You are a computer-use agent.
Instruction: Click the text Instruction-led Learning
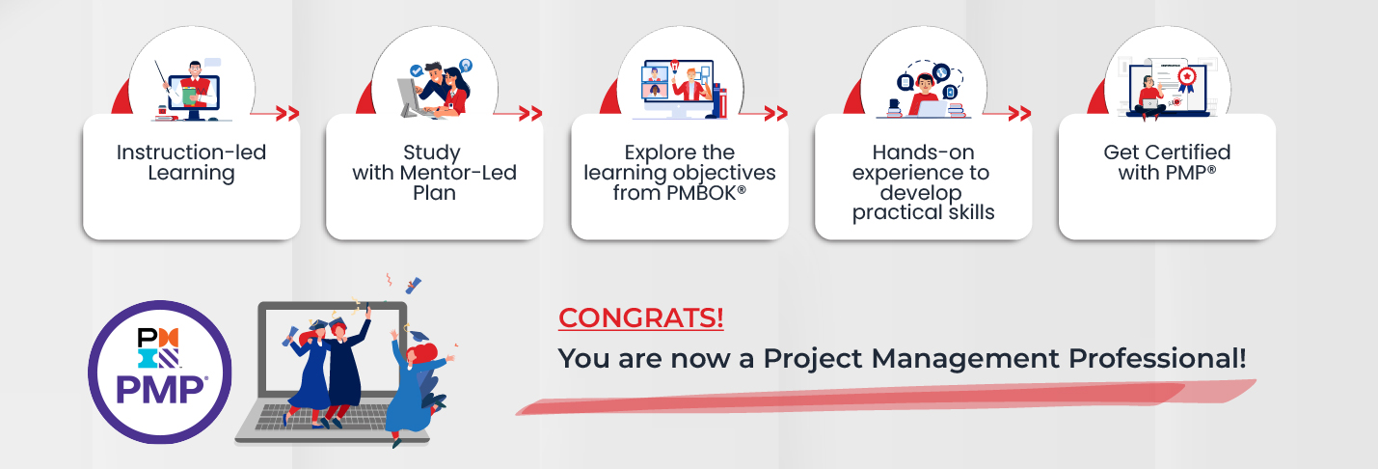pos(191,163)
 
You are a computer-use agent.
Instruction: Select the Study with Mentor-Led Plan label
pos(434,173)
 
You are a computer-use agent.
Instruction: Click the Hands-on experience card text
pos(923,182)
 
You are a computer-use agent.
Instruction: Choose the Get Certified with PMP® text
pos(1167,163)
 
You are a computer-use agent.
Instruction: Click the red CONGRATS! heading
pos(641,317)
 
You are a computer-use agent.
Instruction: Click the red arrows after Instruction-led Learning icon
pos(286,114)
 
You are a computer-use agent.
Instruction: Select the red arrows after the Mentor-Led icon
pos(529,114)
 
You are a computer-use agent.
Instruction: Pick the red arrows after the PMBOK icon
pos(775,114)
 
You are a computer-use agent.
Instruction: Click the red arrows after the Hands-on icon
pos(1019,114)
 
